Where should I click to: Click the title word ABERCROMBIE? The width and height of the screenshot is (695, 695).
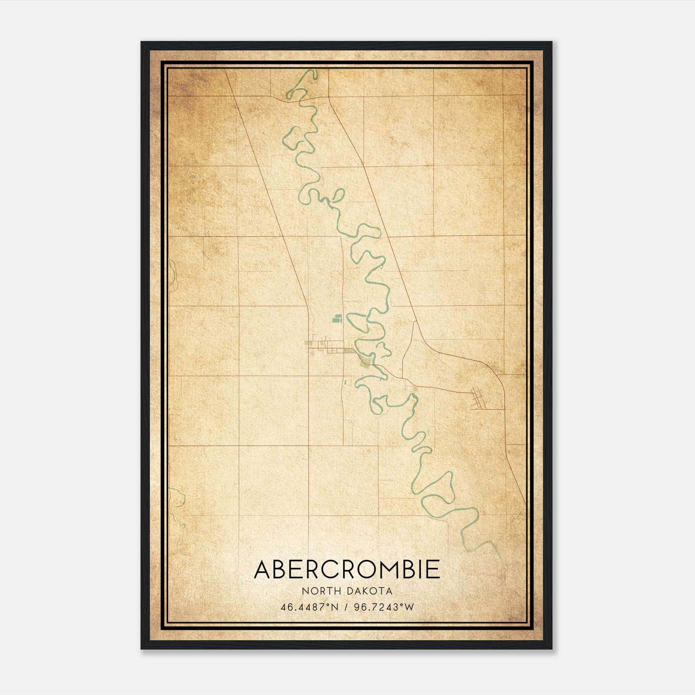tap(347, 569)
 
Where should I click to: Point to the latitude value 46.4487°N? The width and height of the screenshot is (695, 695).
tap(309, 607)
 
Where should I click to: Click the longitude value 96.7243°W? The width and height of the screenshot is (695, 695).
tap(384, 607)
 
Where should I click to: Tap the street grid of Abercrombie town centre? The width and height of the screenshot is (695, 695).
tap(330, 349)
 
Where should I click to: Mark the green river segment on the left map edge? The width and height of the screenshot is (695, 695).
tap(172, 276)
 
